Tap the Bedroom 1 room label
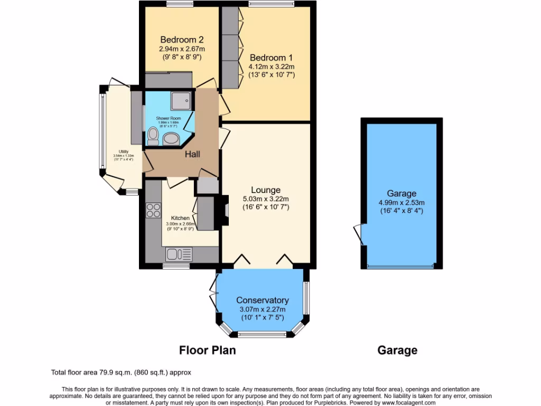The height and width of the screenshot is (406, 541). [x=271, y=57]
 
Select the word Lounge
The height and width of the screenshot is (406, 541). [x=265, y=190]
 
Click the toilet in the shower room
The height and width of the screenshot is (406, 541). [x=153, y=136]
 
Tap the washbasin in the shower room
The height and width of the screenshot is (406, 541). [x=171, y=139]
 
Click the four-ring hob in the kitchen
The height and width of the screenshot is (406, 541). [x=153, y=210]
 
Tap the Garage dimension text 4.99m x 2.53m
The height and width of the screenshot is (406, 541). [x=402, y=202]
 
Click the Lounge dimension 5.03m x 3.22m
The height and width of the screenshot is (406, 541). [x=265, y=199]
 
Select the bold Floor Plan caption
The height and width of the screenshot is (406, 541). [x=207, y=350]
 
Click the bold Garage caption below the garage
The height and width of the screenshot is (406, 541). [x=397, y=350]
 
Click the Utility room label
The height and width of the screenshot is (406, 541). [x=123, y=151]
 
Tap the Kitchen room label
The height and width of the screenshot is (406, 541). [x=180, y=218]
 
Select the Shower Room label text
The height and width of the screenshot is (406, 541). [x=168, y=118]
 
